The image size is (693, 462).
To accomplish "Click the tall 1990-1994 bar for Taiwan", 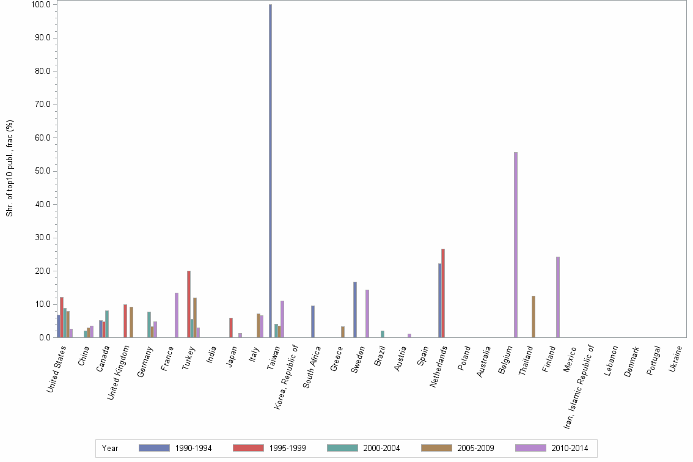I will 270,171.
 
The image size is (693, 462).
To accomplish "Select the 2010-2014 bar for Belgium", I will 516,244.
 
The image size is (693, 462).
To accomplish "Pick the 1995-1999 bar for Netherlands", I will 443,293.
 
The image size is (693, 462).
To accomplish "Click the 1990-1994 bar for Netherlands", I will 439,300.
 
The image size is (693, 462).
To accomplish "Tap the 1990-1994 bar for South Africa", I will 313,321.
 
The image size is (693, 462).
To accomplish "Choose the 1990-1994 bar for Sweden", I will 355,309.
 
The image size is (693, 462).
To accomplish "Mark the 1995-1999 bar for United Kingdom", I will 125,321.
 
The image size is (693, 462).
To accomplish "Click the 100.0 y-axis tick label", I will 40,4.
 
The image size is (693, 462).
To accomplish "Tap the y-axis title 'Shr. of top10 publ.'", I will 10,168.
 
